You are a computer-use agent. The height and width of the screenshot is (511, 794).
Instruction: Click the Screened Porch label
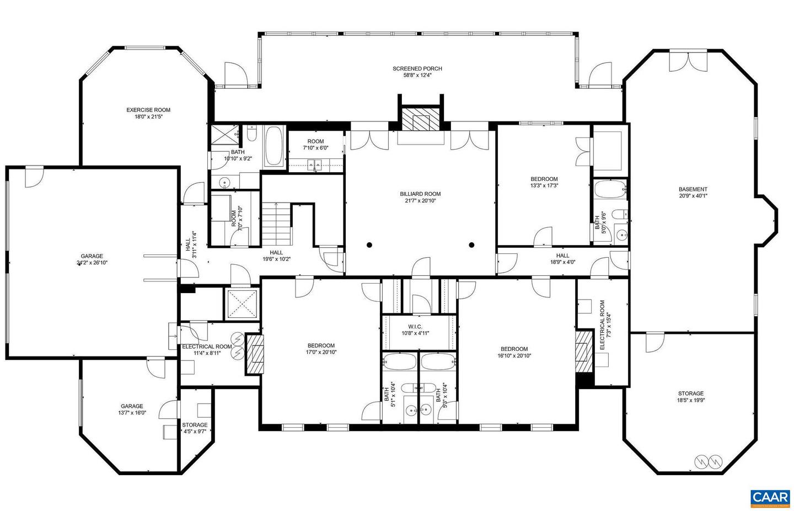[x=417, y=69]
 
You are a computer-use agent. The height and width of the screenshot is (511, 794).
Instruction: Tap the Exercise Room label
[x=148, y=110]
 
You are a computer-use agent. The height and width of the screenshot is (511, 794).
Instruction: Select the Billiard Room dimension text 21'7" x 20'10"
[x=420, y=201]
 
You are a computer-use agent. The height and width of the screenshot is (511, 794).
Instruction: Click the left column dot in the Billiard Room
[x=369, y=244]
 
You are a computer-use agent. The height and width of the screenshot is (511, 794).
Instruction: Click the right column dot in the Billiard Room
[x=471, y=244]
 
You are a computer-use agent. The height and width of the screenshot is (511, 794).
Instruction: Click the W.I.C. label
[x=415, y=327]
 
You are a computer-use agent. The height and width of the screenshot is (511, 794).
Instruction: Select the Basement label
[x=693, y=189]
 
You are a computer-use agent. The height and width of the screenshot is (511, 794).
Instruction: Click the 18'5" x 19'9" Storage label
[x=690, y=393]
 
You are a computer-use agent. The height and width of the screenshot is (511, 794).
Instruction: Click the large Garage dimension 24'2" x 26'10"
[x=92, y=263]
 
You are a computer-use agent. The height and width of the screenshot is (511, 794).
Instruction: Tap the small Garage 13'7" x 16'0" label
[x=132, y=406]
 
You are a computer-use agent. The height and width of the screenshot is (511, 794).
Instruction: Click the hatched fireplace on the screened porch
[x=422, y=119]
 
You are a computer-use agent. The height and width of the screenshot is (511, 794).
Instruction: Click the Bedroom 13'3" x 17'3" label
[x=544, y=179]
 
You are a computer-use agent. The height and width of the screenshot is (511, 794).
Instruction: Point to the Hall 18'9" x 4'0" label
[x=562, y=255]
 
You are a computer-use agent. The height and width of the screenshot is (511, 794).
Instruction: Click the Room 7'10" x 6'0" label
[x=315, y=141]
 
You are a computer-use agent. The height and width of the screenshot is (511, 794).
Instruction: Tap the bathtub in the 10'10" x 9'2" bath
[x=274, y=147]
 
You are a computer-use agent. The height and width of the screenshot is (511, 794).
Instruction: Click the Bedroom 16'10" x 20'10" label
[x=514, y=349]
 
